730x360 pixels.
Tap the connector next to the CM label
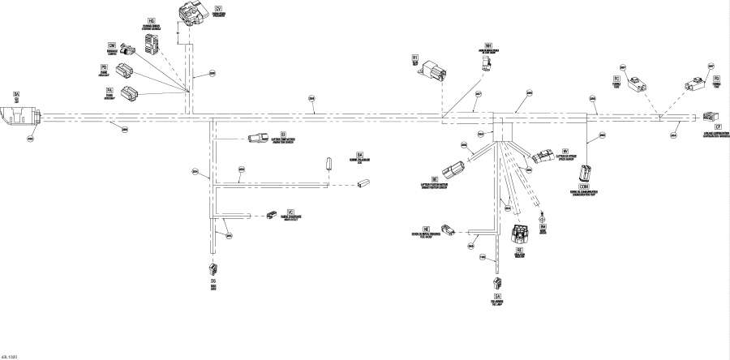(126, 53)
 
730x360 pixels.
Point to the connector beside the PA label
(130, 92)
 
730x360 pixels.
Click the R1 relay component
(429, 71)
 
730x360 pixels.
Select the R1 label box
(414, 58)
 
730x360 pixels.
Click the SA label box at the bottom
(496, 298)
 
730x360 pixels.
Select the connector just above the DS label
(213, 269)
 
